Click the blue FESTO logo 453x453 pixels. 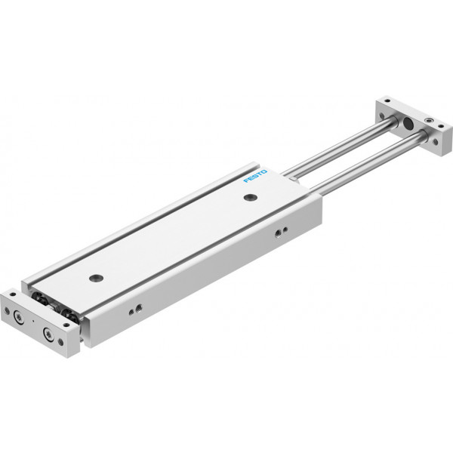point(255,176)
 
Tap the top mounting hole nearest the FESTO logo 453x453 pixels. point(251,198)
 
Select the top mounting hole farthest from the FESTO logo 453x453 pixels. point(96,278)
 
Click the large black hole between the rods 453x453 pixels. point(408,123)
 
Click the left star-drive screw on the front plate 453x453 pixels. point(19,318)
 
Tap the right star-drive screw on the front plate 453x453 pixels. point(48,334)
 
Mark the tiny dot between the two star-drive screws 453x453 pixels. point(33,321)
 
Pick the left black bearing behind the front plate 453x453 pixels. point(39,298)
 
